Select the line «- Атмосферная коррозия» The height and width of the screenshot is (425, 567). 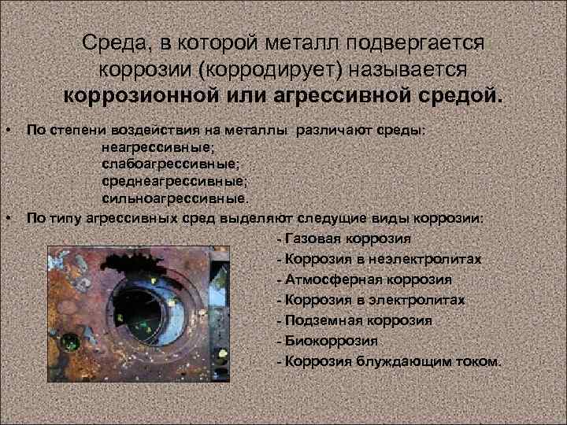(x=364, y=279)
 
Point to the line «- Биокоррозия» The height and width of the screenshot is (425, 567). (x=327, y=341)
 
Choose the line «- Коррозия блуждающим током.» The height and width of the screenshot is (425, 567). (x=388, y=361)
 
